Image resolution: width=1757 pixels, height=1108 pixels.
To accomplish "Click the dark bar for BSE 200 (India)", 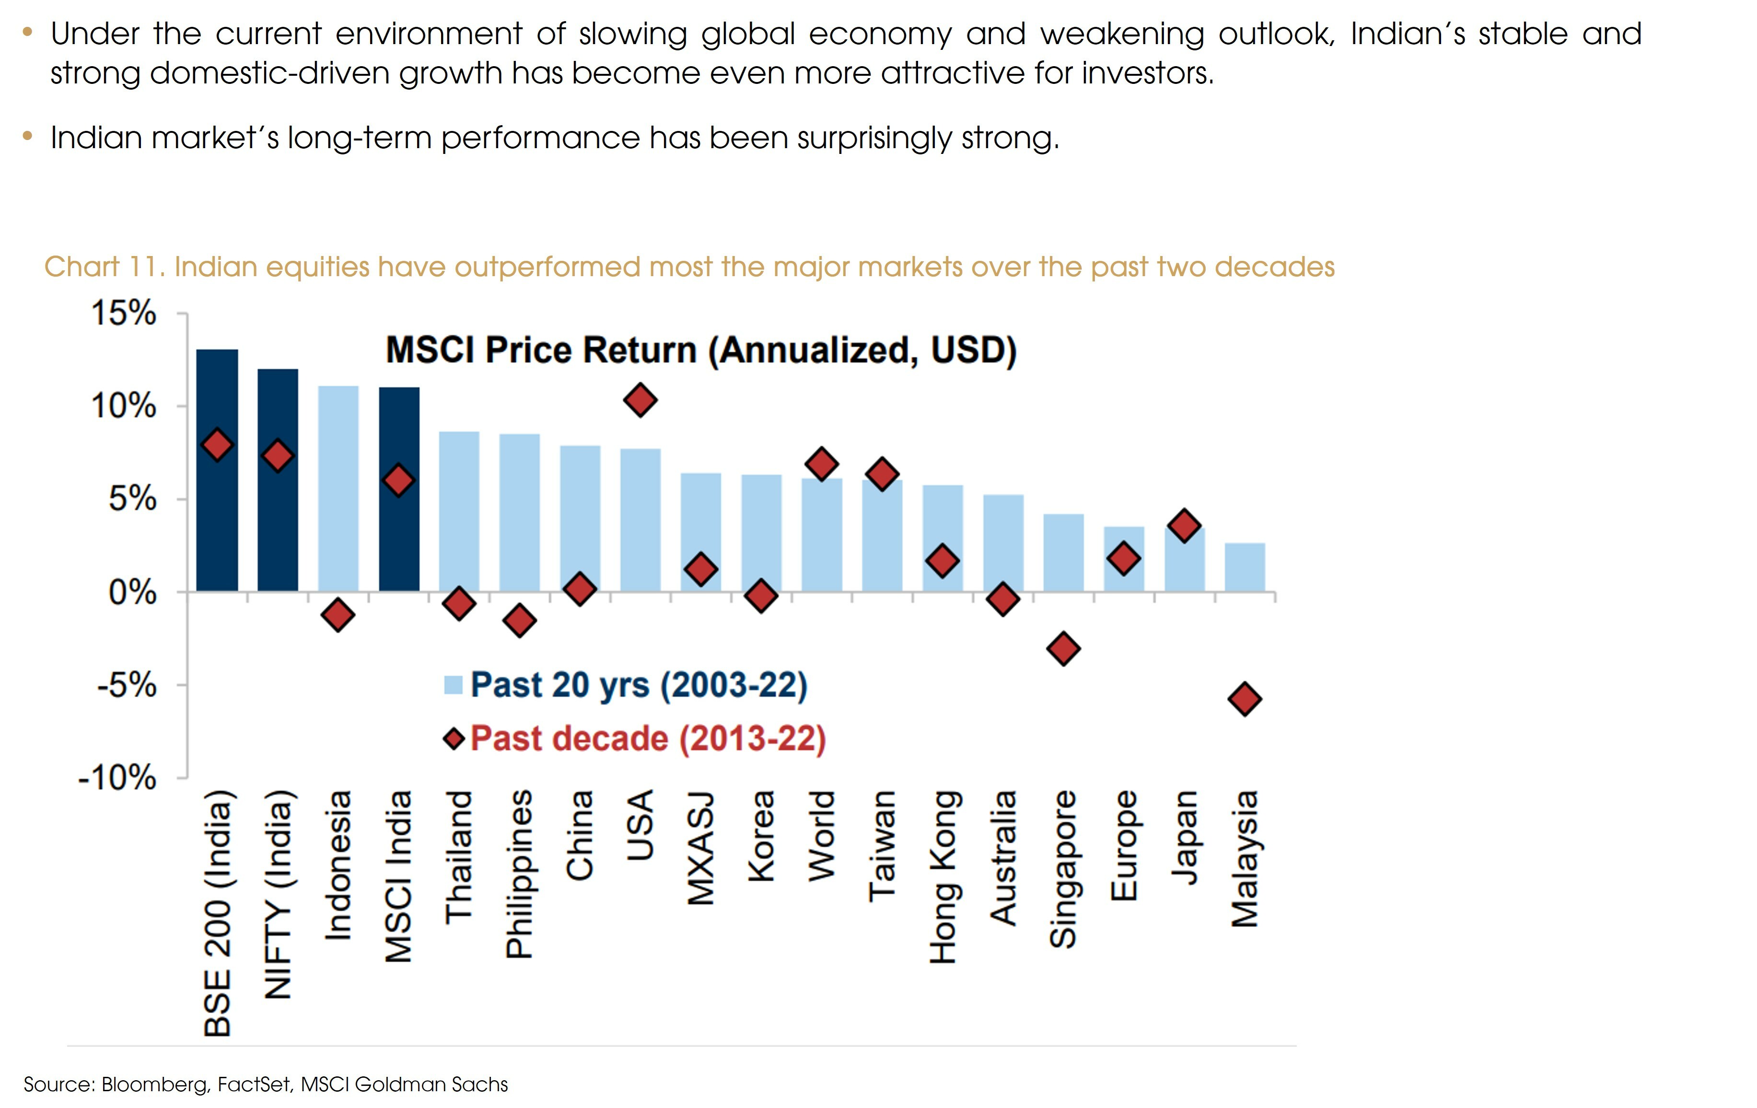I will click(217, 511).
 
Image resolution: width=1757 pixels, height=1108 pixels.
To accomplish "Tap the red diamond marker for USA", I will click(640, 400).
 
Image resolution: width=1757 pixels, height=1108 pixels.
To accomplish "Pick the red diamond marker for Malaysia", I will click(1245, 699).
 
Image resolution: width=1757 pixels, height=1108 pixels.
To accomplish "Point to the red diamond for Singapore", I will click(1063, 648).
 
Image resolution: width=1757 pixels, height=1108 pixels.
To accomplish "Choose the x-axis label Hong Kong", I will click(942, 876).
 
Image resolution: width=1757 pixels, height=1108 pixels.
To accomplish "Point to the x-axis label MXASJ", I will click(700, 848).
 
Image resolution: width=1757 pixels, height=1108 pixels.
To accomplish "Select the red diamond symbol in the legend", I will click(454, 739).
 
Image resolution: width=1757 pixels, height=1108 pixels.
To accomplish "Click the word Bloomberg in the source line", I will click(154, 1085).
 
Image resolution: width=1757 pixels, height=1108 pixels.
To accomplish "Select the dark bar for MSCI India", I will click(399, 540).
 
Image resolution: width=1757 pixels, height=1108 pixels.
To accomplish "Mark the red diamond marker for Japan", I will click(1184, 525).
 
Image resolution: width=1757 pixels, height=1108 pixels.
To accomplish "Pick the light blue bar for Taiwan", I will click(882, 540).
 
